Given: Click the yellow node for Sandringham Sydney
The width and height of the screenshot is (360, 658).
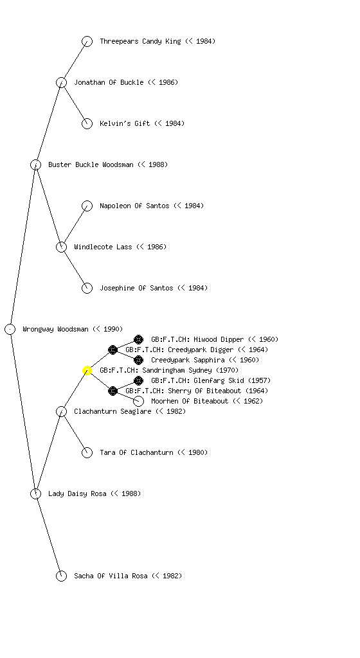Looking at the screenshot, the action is [x=87, y=370].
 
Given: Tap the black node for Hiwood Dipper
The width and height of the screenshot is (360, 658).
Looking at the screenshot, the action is [x=138, y=339].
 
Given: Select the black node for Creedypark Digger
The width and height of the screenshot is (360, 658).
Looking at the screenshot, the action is [x=113, y=350].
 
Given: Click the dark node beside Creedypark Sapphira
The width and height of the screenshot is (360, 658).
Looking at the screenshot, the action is [x=138, y=360].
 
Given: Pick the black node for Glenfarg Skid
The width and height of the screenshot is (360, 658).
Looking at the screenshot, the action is [x=138, y=380].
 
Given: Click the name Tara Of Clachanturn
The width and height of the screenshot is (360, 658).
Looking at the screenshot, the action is [x=136, y=452].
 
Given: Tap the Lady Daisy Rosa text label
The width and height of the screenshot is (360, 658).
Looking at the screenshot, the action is [x=77, y=493].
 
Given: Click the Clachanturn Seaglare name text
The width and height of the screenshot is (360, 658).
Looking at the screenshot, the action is [x=113, y=411].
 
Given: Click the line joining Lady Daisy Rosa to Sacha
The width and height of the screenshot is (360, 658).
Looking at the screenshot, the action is [x=49, y=535].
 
